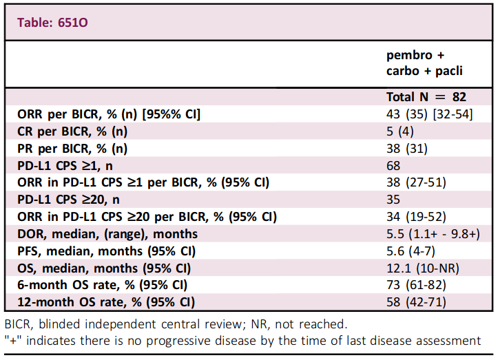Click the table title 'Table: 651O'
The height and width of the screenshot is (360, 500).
[x=52, y=23]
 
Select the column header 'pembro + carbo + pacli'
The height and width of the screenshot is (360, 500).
[x=424, y=63]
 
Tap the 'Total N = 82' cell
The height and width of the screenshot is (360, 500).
[x=426, y=97]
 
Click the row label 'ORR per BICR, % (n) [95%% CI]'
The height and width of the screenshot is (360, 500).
[x=109, y=114]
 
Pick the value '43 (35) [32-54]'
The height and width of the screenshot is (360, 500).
[x=430, y=114]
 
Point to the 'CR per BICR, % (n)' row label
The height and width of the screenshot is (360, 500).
[x=72, y=131]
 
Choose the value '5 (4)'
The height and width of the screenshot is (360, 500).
[x=400, y=131]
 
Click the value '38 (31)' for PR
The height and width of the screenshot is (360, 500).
[x=407, y=149]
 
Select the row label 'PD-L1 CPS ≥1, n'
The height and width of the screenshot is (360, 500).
[x=65, y=166]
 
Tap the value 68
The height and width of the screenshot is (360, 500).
[x=393, y=166]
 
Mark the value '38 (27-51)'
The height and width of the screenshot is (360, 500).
[x=416, y=182]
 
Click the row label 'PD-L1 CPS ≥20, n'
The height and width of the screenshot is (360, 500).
[x=69, y=200]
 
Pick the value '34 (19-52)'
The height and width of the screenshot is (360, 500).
[x=416, y=217]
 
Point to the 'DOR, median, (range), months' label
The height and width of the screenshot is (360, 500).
[x=107, y=234]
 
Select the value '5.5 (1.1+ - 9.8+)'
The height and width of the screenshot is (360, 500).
[x=433, y=234]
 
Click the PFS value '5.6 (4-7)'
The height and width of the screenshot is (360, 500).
[x=410, y=251]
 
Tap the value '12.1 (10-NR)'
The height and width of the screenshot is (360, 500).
[x=423, y=268]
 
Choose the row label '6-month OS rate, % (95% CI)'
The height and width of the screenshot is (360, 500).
[x=103, y=285]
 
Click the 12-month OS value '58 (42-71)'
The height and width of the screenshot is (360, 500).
[x=416, y=302]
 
